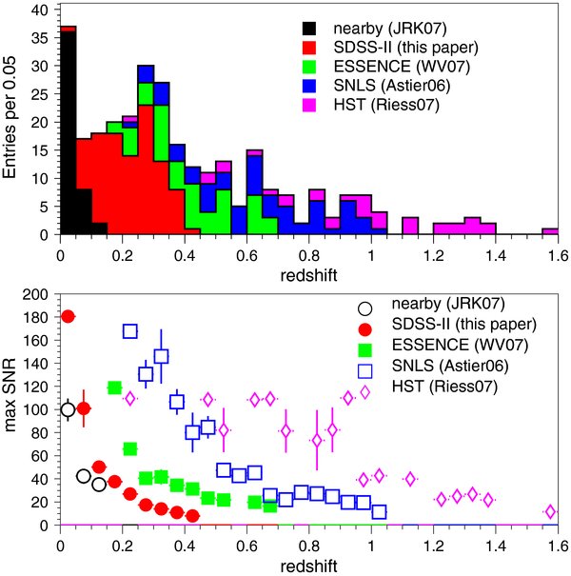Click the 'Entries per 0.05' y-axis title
12,118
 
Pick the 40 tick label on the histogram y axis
41,9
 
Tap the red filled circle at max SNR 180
68,316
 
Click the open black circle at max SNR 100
68,409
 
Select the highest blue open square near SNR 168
130,331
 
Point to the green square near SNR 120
114,387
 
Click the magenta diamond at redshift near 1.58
550,512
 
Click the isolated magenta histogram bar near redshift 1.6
550,231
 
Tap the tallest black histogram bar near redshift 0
68,133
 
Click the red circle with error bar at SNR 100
84,408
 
